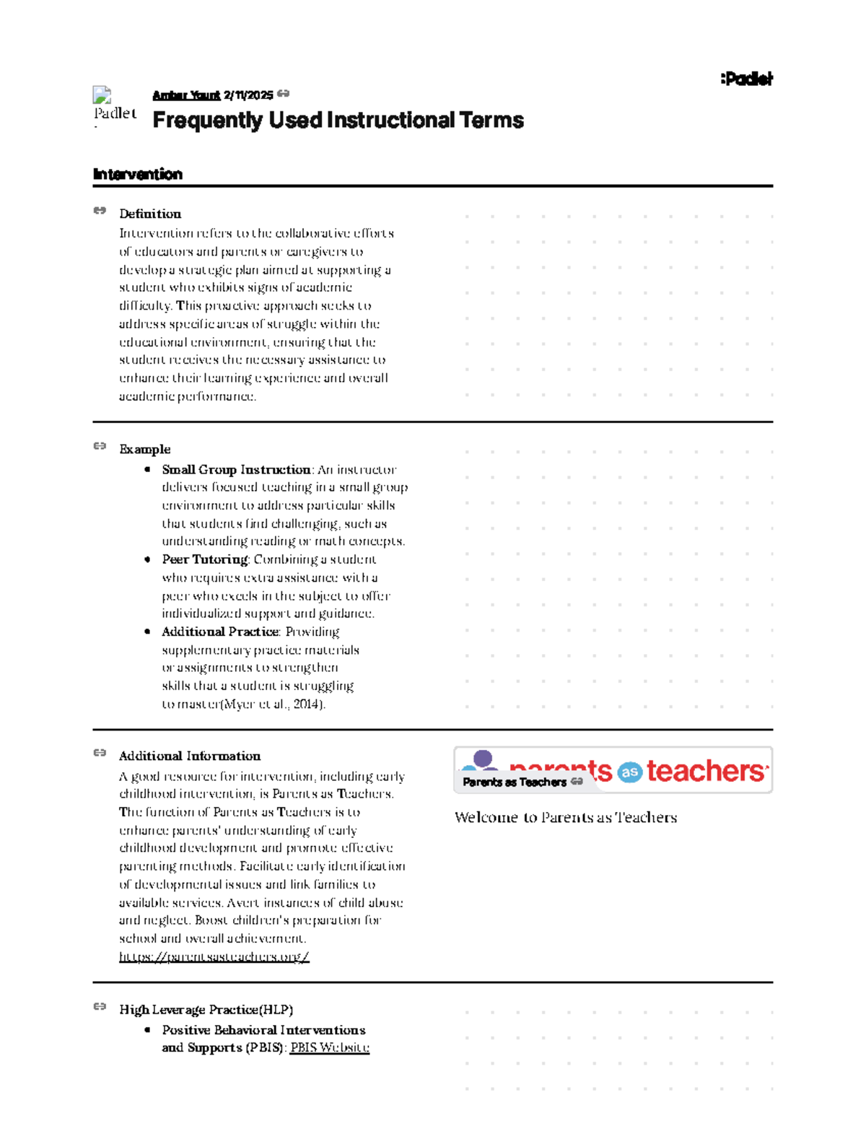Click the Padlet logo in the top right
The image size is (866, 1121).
click(x=746, y=79)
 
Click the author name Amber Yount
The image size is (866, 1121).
click(x=186, y=95)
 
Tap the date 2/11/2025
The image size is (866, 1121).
click(x=248, y=95)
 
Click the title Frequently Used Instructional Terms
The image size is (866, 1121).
click(x=338, y=120)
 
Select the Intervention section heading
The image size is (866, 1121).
click(x=137, y=174)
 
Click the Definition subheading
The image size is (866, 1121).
click(x=150, y=214)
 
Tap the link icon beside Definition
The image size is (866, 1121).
click(x=100, y=211)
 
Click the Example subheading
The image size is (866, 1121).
click(x=144, y=449)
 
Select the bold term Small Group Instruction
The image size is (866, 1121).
click(x=236, y=469)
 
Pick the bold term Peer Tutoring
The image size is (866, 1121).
click(x=205, y=559)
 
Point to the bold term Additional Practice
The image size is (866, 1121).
click(x=220, y=632)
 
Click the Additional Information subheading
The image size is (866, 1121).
click(x=189, y=756)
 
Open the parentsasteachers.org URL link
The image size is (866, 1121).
click(x=214, y=956)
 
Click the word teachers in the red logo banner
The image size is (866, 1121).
click(x=705, y=771)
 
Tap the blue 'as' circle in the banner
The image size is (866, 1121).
click(x=629, y=772)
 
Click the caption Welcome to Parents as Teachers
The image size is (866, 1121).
click(x=565, y=817)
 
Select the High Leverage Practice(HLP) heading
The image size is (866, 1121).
click(x=206, y=1009)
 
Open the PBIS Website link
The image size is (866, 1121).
click(x=329, y=1047)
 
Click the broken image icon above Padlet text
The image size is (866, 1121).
click(x=102, y=95)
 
